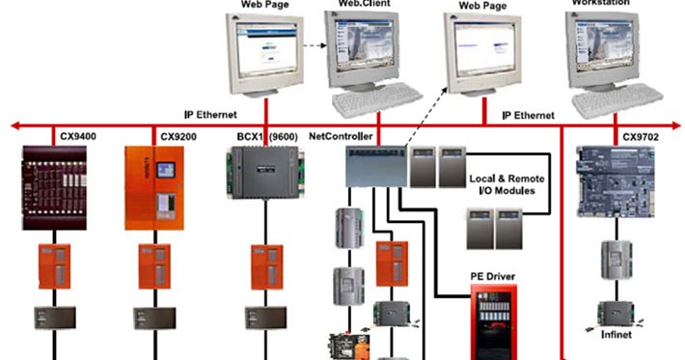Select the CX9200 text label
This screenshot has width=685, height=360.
click(179, 137)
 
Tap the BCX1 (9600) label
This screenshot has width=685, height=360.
click(266, 137)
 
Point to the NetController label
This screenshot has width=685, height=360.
click(339, 137)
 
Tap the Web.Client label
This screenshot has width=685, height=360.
click(363, 4)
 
